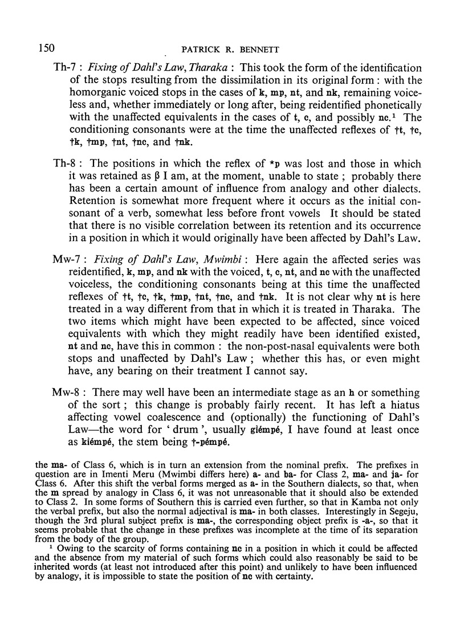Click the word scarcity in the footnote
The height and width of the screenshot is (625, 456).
(x=116, y=577)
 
